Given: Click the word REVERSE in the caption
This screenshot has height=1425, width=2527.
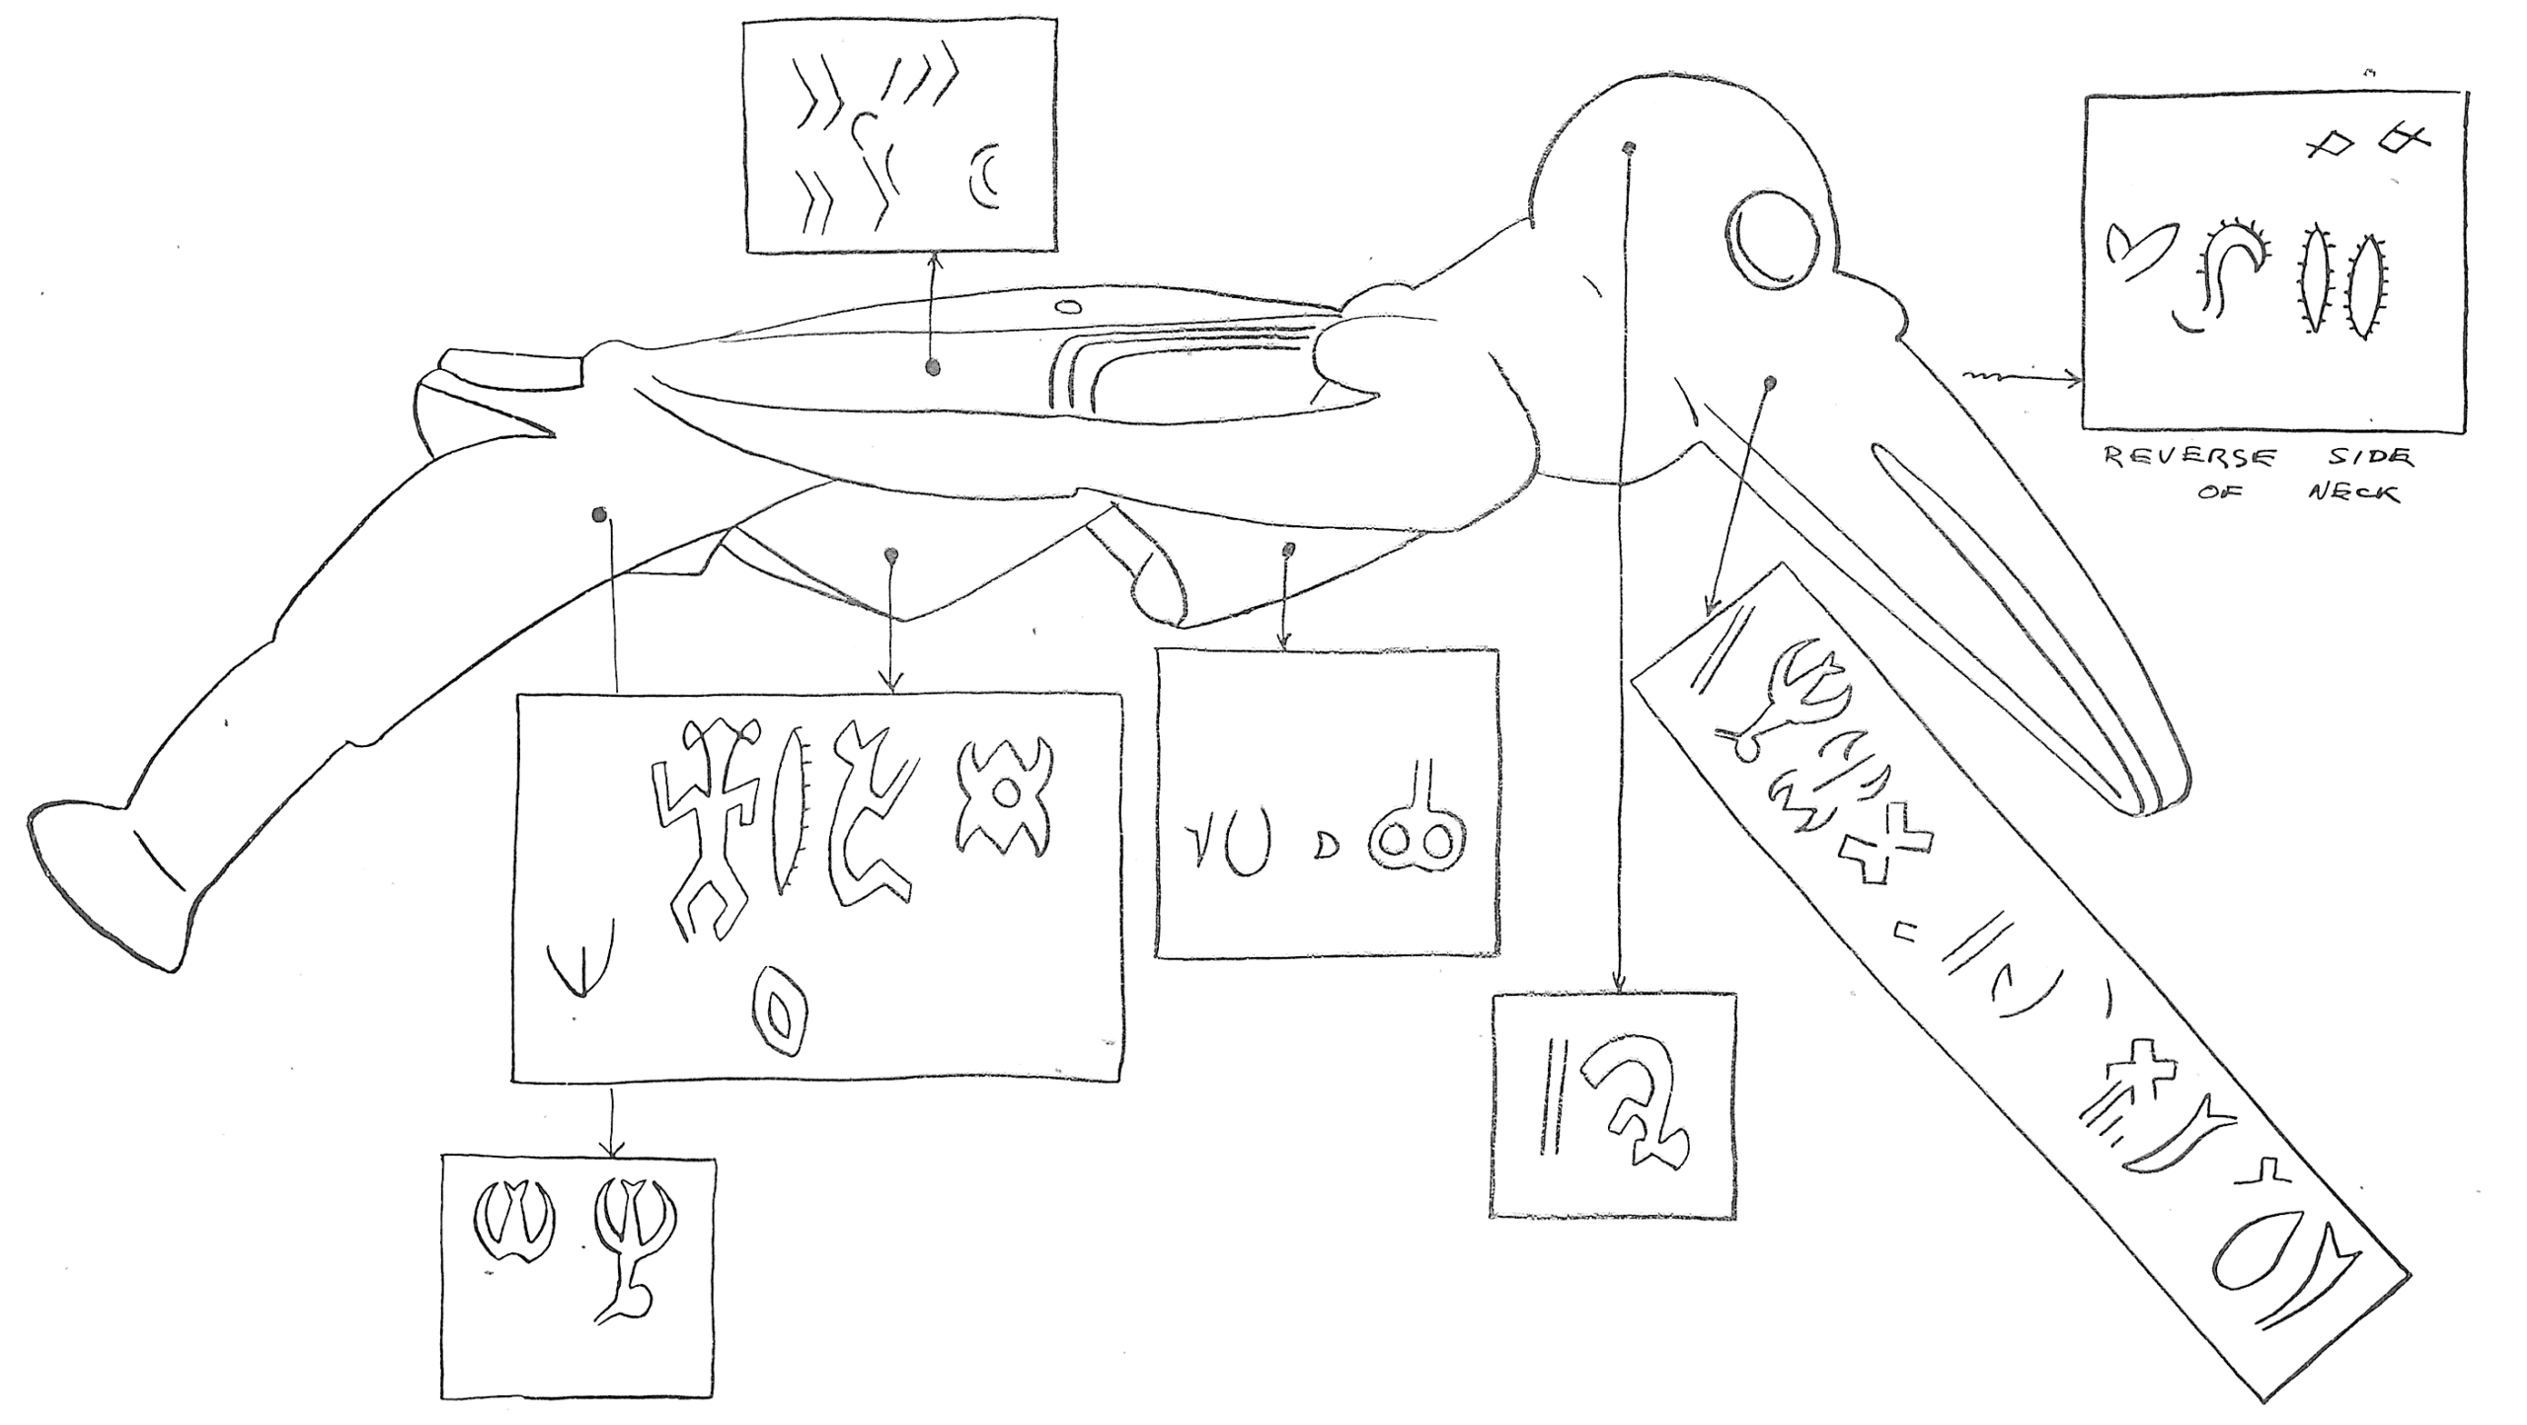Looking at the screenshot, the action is [2189, 458].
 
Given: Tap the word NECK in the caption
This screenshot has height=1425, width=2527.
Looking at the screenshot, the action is [2352, 491].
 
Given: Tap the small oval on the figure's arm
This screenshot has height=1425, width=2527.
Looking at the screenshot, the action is [1067, 306].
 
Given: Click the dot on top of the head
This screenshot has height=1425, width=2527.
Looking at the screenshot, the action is [1630, 149].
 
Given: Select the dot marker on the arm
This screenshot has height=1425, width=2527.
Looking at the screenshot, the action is [932, 368].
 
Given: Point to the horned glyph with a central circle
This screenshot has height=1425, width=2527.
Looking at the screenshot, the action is [1003, 797].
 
